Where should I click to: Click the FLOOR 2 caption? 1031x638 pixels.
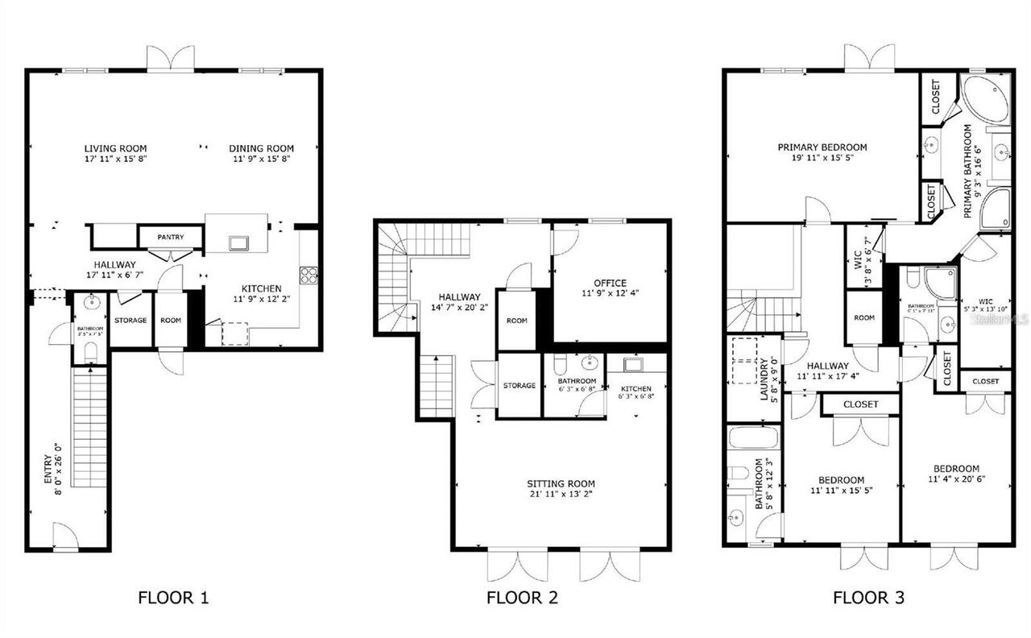[522, 598]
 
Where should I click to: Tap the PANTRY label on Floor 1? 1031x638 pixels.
[170, 237]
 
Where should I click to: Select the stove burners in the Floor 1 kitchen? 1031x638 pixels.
[308, 275]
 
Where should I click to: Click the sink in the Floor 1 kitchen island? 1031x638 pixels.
[238, 242]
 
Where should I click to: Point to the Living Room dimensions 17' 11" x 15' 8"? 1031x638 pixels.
[116, 159]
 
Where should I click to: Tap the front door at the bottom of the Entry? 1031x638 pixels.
[66, 537]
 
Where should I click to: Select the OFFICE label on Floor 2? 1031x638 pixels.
[610, 283]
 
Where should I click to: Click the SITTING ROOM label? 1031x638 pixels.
[561, 484]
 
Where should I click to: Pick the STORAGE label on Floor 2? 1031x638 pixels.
[519, 386]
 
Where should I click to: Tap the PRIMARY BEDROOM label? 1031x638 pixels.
[822, 147]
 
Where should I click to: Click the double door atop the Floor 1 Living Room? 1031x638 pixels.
[171, 59]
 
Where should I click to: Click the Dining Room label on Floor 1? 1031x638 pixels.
[261, 148]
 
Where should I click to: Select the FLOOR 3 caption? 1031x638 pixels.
[868, 598]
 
